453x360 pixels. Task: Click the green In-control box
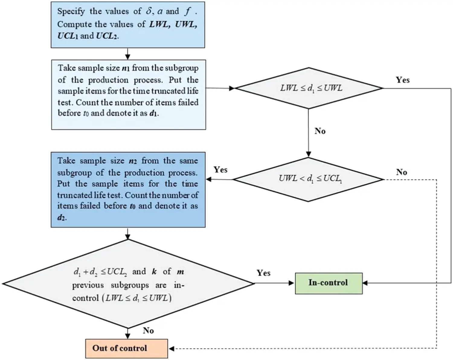point(328,283)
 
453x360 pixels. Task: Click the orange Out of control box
point(126,348)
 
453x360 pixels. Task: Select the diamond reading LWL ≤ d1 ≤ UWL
point(309,88)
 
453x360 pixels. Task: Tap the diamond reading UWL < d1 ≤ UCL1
point(309,179)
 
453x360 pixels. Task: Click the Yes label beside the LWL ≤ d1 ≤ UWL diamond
point(403,80)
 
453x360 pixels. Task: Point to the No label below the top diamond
point(320,131)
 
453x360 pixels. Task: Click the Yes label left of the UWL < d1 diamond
point(220,170)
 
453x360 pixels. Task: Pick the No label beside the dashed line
point(401,172)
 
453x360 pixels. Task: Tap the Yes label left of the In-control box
point(263,273)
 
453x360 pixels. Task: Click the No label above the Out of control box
point(148,330)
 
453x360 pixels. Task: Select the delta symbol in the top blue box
point(149,11)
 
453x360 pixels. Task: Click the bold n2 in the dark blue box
point(133,161)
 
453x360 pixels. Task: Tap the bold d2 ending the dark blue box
point(61,217)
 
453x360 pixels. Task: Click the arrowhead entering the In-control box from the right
point(365,283)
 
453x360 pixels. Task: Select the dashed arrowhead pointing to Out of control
point(172,349)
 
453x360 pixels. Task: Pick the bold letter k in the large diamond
point(154,271)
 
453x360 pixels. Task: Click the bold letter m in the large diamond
point(180,272)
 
